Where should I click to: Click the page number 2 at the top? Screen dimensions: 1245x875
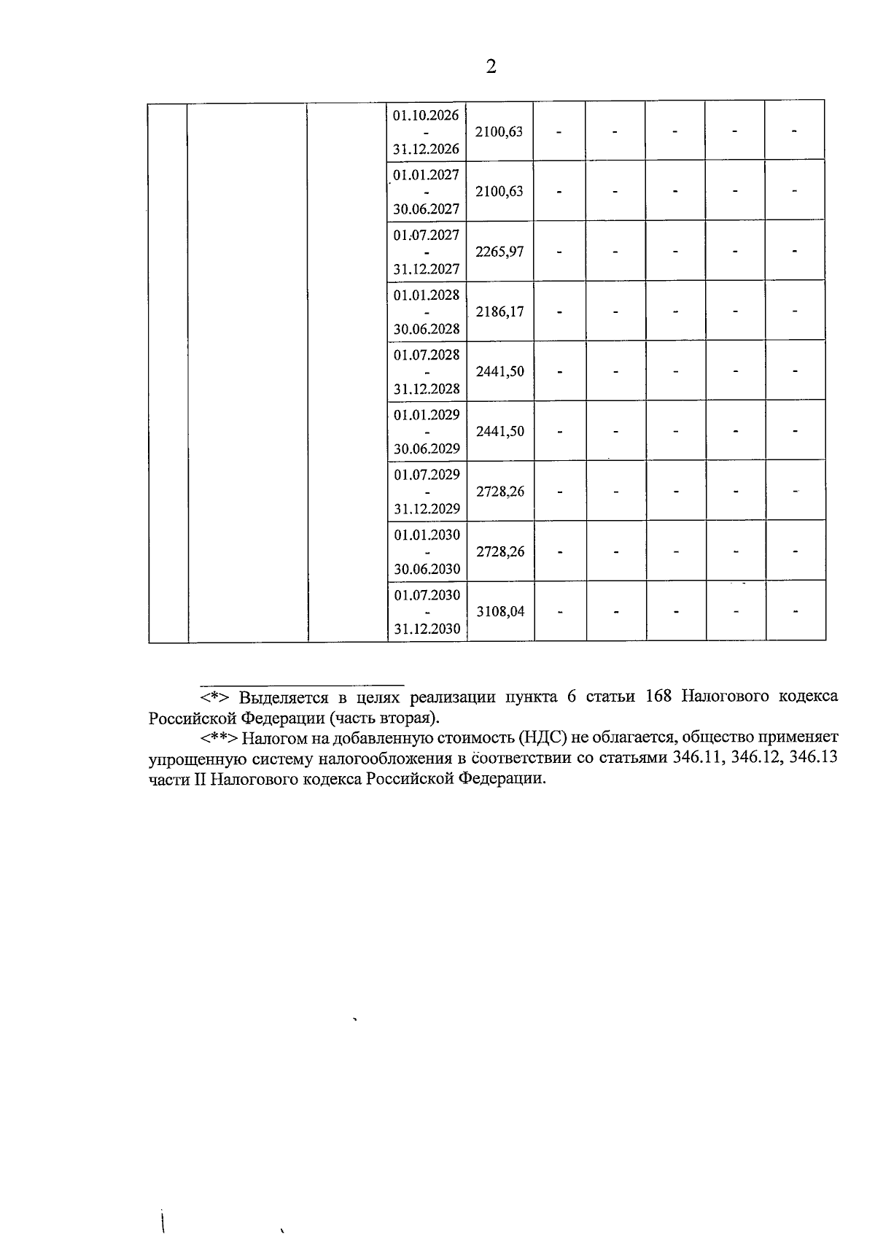pos(490,67)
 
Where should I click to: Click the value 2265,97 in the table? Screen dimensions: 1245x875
pos(499,252)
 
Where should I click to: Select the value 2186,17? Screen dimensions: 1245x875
pos(499,311)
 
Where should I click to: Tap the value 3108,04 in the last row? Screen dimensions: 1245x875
pos(500,611)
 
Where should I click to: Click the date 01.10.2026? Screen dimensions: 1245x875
pos(426,115)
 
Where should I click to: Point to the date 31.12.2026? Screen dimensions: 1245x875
pos(426,150)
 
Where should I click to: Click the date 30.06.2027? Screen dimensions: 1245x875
pos(427,209)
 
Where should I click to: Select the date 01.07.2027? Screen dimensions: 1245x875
pos(427,235)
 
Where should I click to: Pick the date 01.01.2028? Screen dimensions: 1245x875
pos(427,295)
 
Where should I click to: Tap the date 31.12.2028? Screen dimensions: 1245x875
pos(427,389)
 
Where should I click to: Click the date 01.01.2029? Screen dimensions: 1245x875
pos(427,415)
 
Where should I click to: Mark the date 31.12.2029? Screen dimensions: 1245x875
pos(427,508)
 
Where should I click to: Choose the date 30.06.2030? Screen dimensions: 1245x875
pos(427,569)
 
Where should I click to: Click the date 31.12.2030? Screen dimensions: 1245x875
pos(427,629)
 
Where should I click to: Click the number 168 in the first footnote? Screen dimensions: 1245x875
pos(658,696)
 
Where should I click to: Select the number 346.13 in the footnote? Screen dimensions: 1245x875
pos(814,758)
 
